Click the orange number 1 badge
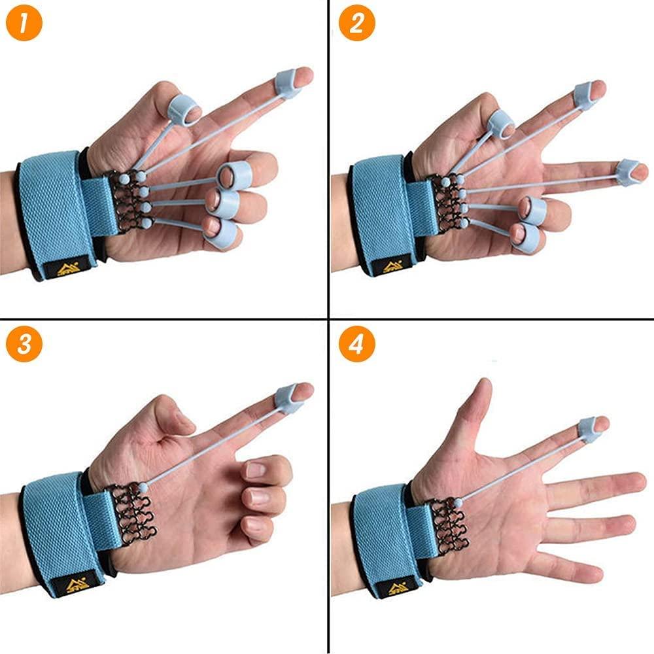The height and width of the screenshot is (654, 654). coord(24,24)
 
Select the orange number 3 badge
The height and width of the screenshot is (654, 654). coord(24,345)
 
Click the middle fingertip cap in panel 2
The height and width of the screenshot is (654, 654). coord(628,172)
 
